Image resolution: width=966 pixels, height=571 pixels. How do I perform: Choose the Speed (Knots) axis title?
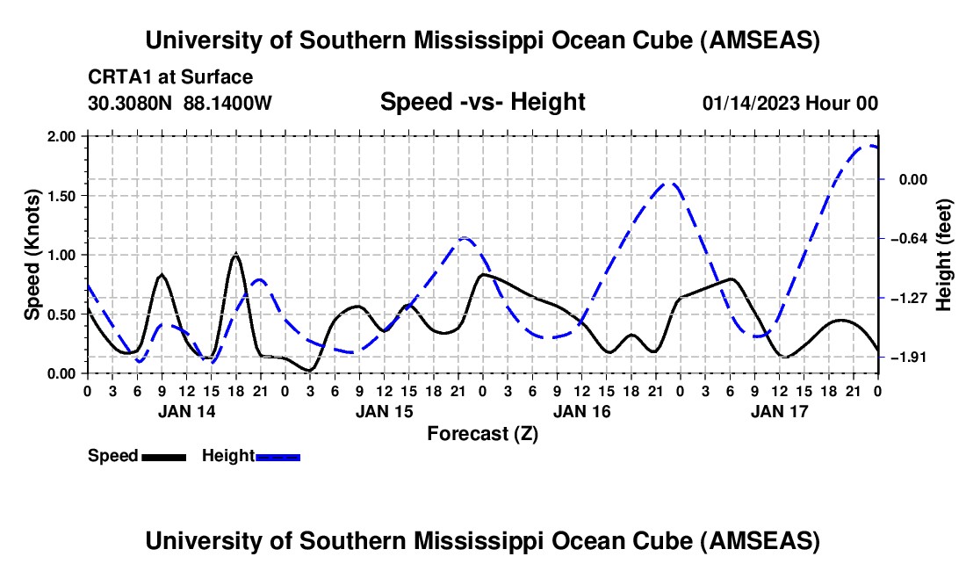click(x=32, y=255)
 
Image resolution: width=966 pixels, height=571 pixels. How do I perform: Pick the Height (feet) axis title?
click(x=945, y=255)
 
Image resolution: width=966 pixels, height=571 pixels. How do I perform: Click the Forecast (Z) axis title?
click(x=482, y=433)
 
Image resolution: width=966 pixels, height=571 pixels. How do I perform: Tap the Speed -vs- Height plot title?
click(x=482, y=102)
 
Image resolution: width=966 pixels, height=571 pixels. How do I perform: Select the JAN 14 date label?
click(x=185, y=411)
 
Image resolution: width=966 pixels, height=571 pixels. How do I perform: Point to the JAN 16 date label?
click(x=580, y=411)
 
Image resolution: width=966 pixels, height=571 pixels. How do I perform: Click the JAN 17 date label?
click(x=779, y=411)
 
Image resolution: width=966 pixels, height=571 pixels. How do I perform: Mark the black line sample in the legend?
click(x=163, y=456)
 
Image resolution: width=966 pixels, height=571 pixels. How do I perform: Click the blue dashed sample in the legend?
click(x=278, y=456)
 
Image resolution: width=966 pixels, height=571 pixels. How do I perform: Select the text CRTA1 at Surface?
click(x=170, y=77)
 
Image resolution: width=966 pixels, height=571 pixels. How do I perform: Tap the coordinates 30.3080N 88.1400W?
click(x=180, y=103)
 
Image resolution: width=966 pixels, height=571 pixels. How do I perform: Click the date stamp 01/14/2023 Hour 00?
click(x=789, y=103)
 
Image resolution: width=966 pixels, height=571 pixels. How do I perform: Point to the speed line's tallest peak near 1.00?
click(x=235, y=255)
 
